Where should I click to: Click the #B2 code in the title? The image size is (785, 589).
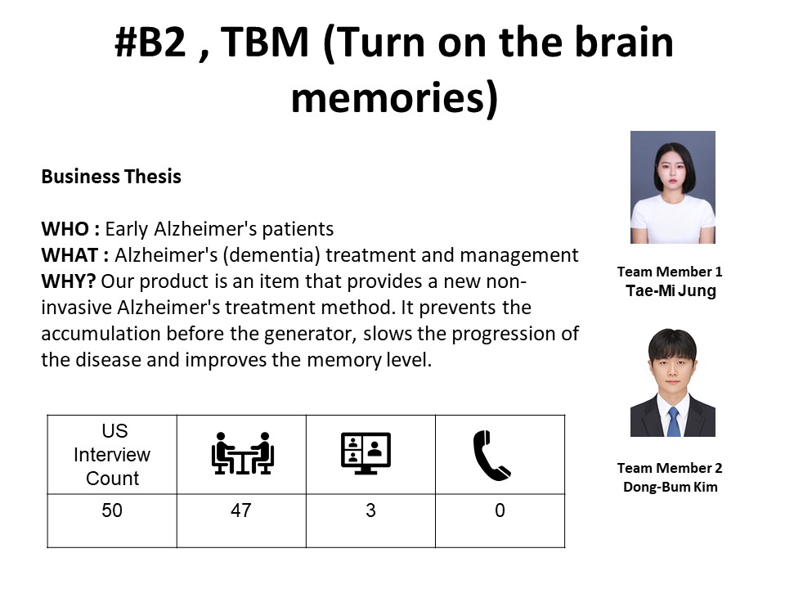point(150,42)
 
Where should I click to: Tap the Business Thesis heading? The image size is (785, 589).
point(111,177)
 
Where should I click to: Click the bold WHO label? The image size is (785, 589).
point(65,229)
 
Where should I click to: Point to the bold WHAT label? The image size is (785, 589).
point(70,255)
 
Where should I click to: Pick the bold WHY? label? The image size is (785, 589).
point(69,281)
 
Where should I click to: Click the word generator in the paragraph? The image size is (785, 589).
point(310,334)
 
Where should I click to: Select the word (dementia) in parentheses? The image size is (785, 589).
point(271,255)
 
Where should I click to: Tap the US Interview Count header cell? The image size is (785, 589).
point(112,455)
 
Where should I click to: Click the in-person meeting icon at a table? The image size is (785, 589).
point(242,453)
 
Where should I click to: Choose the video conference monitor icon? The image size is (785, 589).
point(366,453)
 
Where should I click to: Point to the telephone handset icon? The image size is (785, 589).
point(491,456)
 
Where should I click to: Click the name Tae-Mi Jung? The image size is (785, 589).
point(671,291)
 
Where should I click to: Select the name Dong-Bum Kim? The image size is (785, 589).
point(671,487)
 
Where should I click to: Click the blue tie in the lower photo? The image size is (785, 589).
point(673,422)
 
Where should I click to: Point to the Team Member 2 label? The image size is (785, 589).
point(670,468)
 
